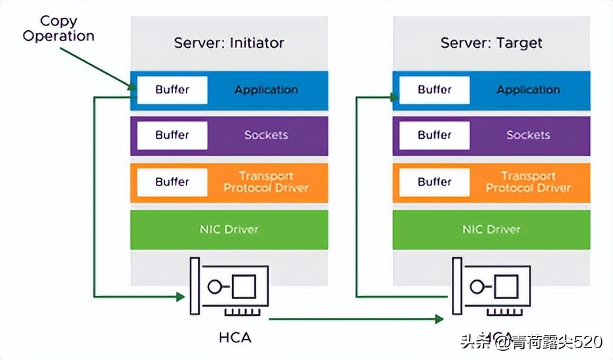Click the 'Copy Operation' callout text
[x=58, y=28]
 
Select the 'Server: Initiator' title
[x=229, y=43]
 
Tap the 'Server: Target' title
[x=491, y=43]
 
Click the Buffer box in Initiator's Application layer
[x=172, y=90]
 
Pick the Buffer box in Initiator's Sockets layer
[x=172, y=135]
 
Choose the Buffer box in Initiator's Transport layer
[x=172, y=182]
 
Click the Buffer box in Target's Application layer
[x=434, y=90]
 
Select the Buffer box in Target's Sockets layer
[x=434, y=135]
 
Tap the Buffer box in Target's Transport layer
[x=434, y=182]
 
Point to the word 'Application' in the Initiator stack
[x=266, y=90]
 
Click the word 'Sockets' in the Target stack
[x=528, y=135]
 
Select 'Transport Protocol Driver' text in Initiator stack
[x=266, y=182]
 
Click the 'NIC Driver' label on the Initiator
[x=229, y=230]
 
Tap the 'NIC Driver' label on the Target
[x=491, y=230]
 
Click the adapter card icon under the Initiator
[x=229, y=288]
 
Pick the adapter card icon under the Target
[x=491, y=288]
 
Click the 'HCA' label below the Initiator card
[x=234, y=338]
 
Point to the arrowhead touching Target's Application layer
[x=394, y=98]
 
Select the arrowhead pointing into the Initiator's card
[x=181, y=297]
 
